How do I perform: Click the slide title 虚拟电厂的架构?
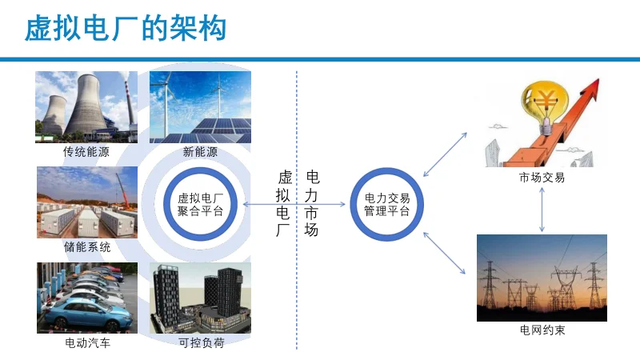tap(126, 29)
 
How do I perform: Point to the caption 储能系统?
tap(86, 247)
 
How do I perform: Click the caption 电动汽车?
tap(86, 344)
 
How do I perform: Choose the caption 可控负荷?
tap(200, 344)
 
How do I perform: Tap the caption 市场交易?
tap(542, 178)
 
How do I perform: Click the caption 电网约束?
tap(542, 330)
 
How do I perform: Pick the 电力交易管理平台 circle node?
tap(387, 206)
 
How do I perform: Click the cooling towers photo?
tap(86, 106)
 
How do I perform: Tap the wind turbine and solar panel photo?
tap(200, 106)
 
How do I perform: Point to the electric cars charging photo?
tap(86, 298)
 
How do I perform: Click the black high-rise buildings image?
tap(200, 298)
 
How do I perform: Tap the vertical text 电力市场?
tap(312, 204)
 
